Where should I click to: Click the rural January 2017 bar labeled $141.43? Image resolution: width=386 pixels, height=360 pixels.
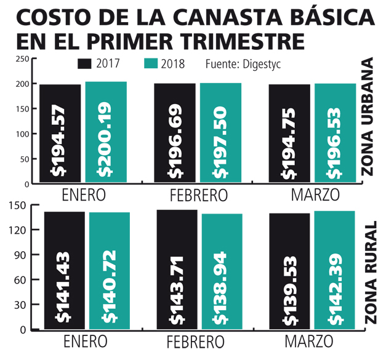point(64,271)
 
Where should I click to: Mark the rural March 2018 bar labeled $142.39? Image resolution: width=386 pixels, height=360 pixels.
point(335,271)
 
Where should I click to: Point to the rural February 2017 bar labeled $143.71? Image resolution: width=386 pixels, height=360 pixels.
point(177,270)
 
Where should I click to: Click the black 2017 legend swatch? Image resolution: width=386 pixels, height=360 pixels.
point(85,63)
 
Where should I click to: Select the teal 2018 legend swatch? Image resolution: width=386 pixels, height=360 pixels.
point(151,63)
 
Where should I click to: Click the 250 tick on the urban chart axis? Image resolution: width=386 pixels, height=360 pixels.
point(22,59)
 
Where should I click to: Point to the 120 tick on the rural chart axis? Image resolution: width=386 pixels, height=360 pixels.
point(22,230)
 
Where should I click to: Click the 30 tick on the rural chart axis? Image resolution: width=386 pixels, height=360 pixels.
point(23,305)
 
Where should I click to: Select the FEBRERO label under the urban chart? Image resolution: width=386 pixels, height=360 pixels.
point(198,196)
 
